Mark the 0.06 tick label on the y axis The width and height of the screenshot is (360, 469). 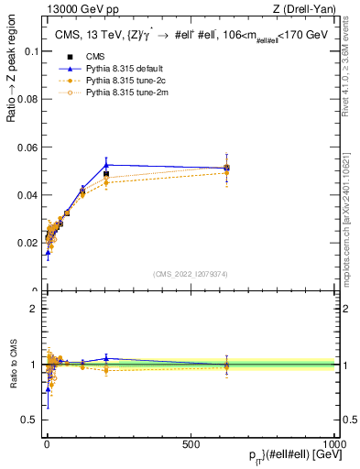pos(27,147)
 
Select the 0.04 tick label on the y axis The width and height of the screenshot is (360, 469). pos(27,195)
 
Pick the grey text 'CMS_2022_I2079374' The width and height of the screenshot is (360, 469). pos(190,273)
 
